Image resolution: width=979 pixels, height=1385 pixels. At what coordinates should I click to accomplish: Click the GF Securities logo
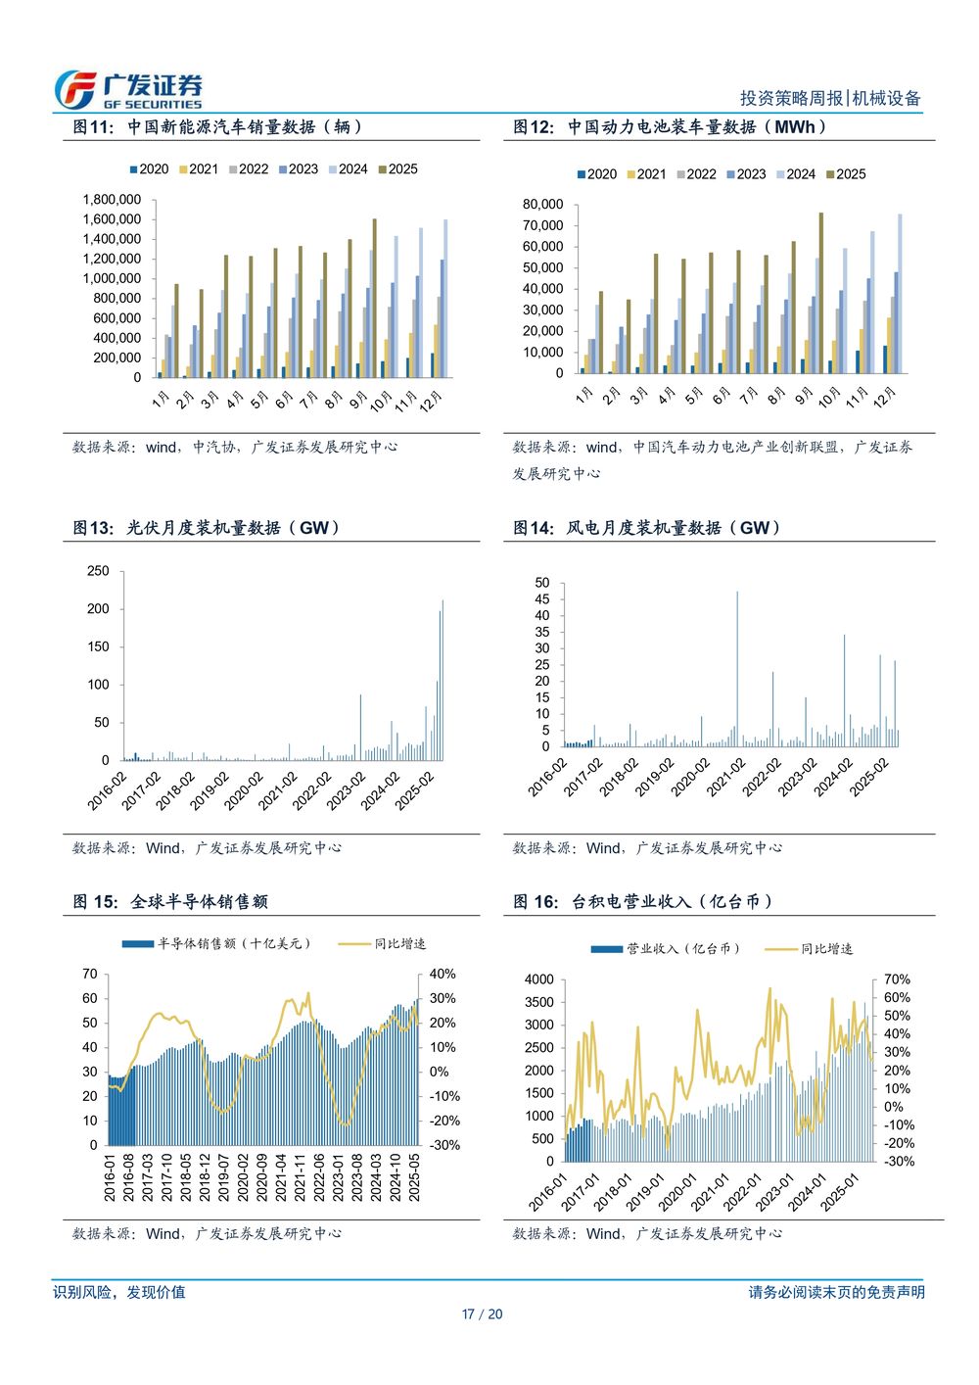[x=127, y=90]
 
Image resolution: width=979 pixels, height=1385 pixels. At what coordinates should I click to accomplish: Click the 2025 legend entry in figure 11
[x=397, y=168]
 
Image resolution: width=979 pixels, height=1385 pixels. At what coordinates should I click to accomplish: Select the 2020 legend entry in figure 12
[x=596, y=174]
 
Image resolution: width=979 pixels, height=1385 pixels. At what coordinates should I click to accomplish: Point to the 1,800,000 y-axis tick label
[x=112, y=200]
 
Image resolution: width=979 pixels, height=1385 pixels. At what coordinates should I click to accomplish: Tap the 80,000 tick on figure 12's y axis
[x=543, y=205]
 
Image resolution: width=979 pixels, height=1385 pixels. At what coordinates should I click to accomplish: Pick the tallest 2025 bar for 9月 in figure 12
[x=820, y=292]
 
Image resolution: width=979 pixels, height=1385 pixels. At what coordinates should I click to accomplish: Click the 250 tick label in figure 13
[x=98, y=571]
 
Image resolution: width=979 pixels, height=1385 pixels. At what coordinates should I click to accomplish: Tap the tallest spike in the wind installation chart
[x=737, y=666]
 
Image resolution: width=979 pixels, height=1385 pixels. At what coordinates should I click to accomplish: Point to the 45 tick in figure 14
[x=542, y=599]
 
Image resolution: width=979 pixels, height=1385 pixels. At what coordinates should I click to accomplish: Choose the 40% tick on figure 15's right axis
[x=443, y=975]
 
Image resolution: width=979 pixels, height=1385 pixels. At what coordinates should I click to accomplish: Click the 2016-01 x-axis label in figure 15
[x=111, y=1176]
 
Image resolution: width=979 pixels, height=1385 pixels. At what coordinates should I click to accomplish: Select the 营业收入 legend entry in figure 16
[x=666, y=949]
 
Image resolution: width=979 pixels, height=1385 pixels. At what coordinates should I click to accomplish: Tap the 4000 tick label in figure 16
[x=539, y=979]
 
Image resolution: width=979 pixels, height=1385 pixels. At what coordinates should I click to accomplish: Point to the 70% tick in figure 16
[x=897, y=979]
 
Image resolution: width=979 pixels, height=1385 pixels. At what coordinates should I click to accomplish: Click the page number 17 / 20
[x=482, y=1314]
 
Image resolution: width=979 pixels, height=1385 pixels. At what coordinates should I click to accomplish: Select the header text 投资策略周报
[x=791, y=98]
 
